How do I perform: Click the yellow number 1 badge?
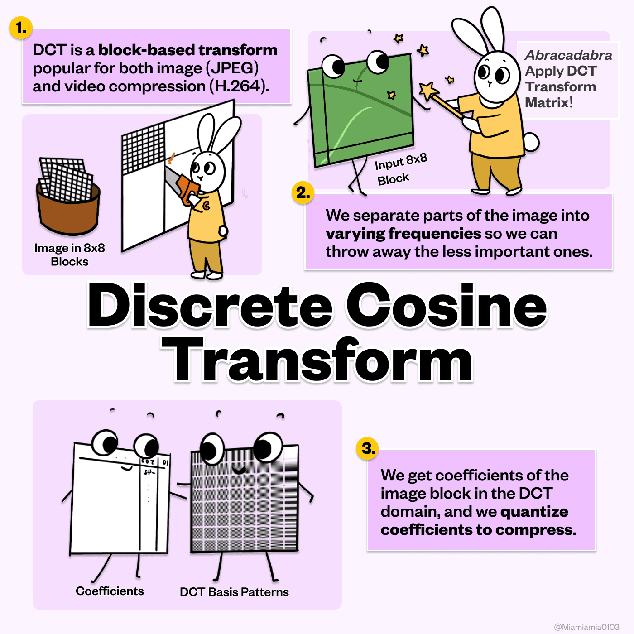(21, 28)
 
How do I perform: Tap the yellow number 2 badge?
(303, 192)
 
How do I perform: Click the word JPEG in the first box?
(232, 68)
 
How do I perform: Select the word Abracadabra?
(568, 55)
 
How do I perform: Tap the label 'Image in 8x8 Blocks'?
(69, 255)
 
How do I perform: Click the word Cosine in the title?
(446, 305)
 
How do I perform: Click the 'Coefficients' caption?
(110, 591)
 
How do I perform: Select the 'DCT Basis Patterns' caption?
(234, 592)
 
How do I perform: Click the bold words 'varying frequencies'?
(403, 234)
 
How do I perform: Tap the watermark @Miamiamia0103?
(586, 627)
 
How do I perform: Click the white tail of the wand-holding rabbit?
(530, 142)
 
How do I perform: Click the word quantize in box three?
(534, 512)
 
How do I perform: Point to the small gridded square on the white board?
(143, 148)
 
